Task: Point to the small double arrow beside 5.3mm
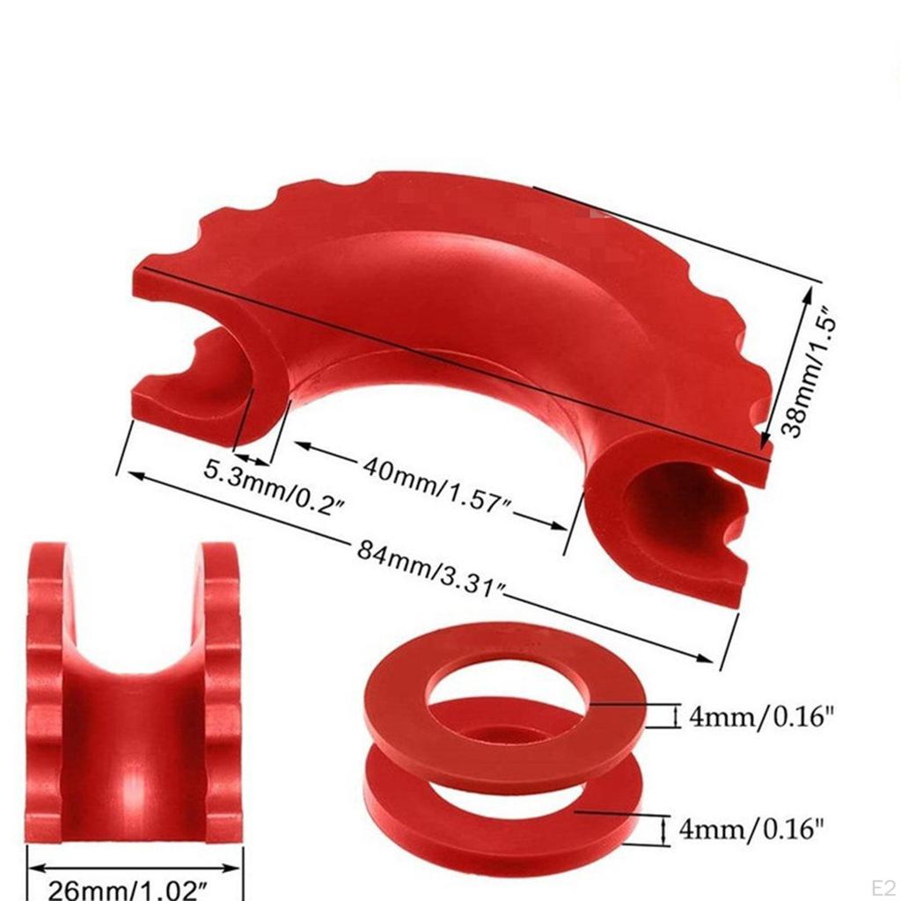[x=251, y=458]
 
